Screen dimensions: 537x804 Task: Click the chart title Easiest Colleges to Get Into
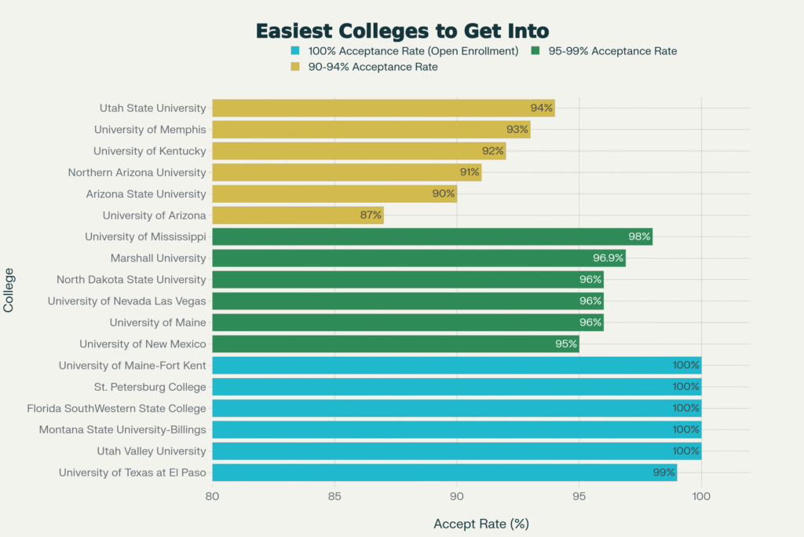(402, 31)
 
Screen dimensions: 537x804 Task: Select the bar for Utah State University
(383, 109)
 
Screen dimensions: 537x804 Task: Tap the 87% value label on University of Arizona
(371, 215)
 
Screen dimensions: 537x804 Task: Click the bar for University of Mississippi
(432, 237)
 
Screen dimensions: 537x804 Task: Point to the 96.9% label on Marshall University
(608, 258)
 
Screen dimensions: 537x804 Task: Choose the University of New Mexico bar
(395, 344)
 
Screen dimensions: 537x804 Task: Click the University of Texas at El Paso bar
(444, 472)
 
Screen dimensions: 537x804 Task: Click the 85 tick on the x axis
(334, 496)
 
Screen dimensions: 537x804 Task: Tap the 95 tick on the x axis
(579, 496)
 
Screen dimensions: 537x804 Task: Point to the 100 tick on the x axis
(701, 496)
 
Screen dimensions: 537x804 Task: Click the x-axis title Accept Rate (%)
(481, 523)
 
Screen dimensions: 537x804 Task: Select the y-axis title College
(9, 290)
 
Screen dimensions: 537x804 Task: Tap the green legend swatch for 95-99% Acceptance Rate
(535, 51)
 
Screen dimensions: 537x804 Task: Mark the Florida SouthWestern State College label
(116, 408)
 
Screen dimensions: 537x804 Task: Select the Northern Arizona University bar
(346, 172)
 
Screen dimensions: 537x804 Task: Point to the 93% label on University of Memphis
(517, 130)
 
